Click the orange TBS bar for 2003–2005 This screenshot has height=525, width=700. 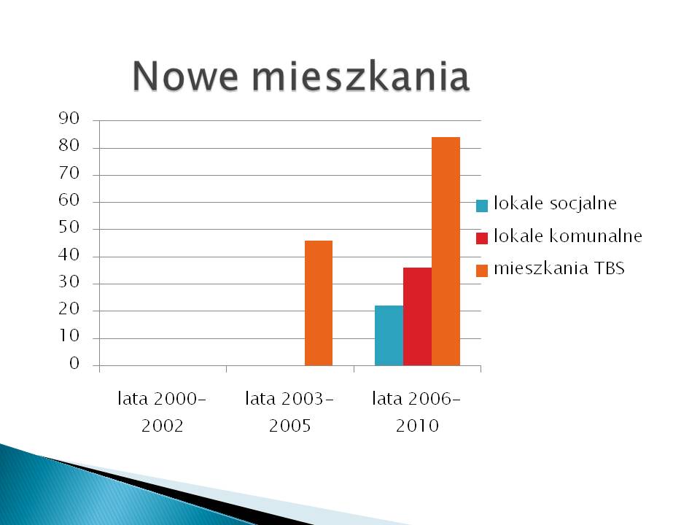coord(319,303)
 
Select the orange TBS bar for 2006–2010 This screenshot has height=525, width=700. coord(446,252)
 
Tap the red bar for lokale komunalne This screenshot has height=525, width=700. coord(417,316)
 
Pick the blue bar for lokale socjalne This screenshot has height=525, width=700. coord(389,335)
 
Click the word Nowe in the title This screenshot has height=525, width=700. coord(184,76)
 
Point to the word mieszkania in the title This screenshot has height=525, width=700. coord(361,76)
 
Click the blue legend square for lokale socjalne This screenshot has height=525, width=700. coord(482,206)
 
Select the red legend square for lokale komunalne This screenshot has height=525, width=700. coord(482,238)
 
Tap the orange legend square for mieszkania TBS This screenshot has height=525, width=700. coord(482,271)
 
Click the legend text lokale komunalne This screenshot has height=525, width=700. coord(568,236)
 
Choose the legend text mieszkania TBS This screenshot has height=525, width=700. coord(559,268)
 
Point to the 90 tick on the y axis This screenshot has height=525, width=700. coord(69,118)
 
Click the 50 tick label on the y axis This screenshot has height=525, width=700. coord(69,227)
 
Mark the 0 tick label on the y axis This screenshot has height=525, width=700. coord(74,363)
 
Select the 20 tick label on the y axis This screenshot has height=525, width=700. coord(69,309)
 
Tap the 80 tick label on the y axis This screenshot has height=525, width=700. coord(69,146)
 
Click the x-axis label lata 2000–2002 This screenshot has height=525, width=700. coord(162,412)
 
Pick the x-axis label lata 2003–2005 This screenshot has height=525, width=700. coord(289,412)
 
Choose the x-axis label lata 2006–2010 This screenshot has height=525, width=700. coord(417,412)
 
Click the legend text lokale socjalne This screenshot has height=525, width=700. coord(556,203)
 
